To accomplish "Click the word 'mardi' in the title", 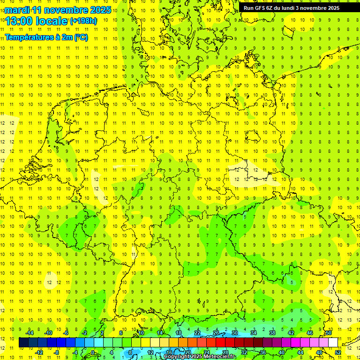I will coord(16,10).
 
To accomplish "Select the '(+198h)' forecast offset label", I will coord(83,21).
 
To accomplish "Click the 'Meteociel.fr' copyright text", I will coord(218,357).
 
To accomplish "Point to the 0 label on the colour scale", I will coord(92,352).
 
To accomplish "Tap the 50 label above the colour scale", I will coord(329,333).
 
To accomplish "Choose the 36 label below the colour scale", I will coord(262,352).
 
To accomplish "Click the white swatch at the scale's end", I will coord(333,343).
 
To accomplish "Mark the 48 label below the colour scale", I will coord(319,352).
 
